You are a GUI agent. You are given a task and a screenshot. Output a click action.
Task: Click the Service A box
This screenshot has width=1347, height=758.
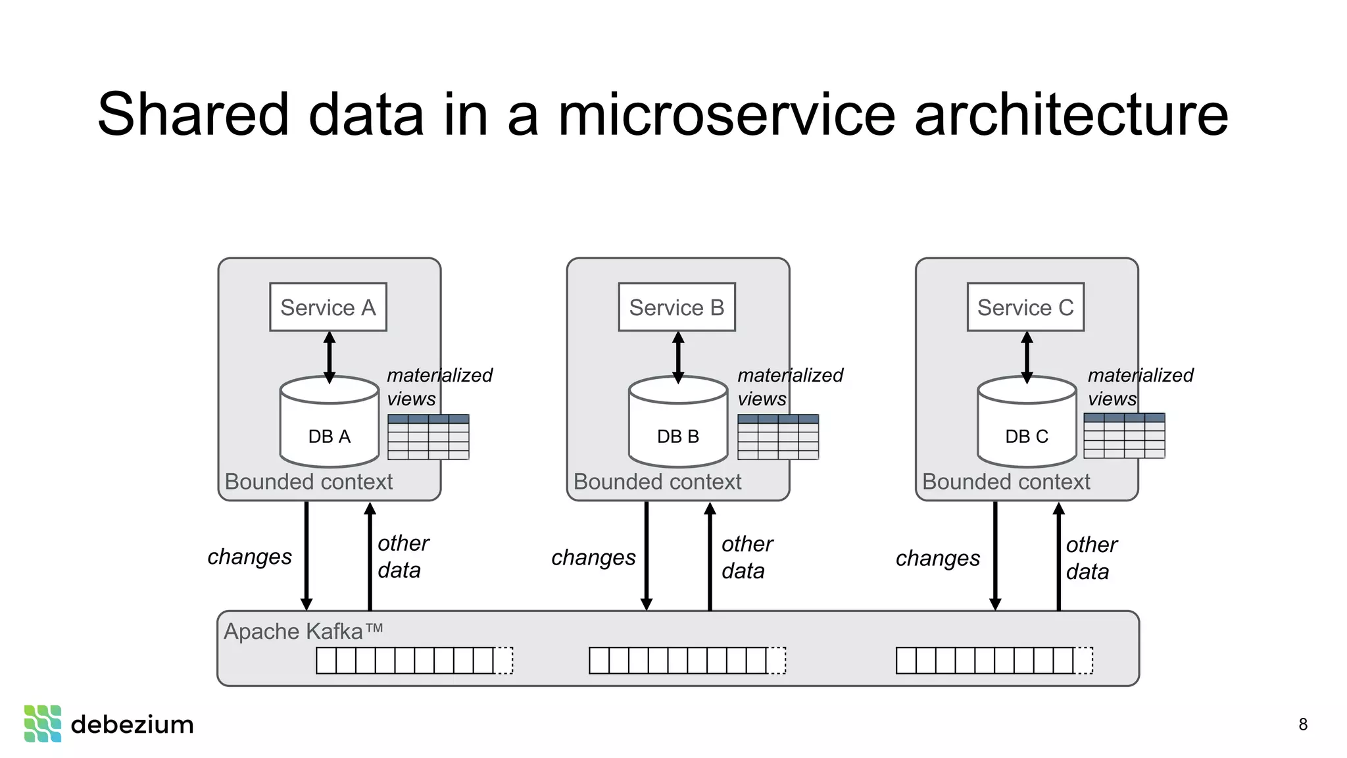[328, 307]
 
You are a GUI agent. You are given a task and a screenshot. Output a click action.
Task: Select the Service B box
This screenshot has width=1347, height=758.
[676, 307]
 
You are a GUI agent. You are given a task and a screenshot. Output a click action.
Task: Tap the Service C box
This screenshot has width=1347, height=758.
[1025, 307]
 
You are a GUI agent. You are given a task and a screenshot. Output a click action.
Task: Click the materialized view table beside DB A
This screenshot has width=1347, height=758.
[428, 437]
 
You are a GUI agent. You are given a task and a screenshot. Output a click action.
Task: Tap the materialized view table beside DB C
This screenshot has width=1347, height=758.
[1124, 436]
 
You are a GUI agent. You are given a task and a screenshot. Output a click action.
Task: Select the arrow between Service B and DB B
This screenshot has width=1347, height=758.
[678, 357]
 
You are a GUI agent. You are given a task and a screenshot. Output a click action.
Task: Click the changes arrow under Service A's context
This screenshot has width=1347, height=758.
[306, 556]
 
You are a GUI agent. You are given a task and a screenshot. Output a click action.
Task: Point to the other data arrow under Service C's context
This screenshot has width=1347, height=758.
[1058, 556]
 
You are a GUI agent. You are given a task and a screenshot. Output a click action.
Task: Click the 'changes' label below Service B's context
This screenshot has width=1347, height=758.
[593, 557]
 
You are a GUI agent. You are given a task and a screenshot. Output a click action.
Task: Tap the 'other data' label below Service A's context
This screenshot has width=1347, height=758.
[403, 557]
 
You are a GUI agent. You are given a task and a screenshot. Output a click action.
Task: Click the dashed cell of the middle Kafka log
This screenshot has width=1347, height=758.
[777, 661]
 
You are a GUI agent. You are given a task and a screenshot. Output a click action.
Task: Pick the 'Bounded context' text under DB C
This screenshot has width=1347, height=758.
[1006, 482]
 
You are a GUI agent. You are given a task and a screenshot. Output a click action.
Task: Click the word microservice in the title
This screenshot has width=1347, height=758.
[726, 114]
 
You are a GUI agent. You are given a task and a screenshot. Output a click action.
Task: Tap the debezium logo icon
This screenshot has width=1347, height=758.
[43, 724]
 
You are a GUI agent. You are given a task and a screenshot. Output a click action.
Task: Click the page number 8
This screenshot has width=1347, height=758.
[1302, 724]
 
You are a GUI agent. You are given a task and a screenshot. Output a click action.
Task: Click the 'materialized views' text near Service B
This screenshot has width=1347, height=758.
[789, 386]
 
